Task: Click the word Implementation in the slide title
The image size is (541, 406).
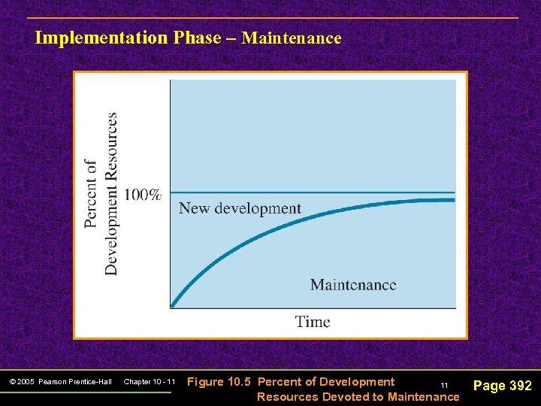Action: pyautogui.click(x=101, y=38)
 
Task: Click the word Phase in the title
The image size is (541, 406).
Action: pyautogui.click(x=197, y=38)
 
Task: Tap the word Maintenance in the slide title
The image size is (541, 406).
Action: pyautogui.click(x=292, y=38)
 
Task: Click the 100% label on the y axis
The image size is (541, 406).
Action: pyautogui.click(x=142, y=195)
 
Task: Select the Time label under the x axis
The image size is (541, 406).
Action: pyautogui.click(x=313, y=322)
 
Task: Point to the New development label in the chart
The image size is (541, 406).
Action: pyautogui.click(x=240, y=208)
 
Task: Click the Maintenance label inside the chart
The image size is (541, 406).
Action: pyautogui.click(x=353, y=285)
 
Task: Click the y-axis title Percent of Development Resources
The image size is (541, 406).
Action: pyautogui.click(x=101, y=194)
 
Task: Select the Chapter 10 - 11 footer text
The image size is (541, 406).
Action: pyautogui.click(x=149, y=382)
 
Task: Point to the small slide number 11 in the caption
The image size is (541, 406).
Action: pyautogui.click(x=444, y=385)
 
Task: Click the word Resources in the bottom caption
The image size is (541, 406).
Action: pyautogui.click(x=288, y=396)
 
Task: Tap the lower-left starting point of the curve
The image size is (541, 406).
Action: pyautogui.click(x=172, y=305)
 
